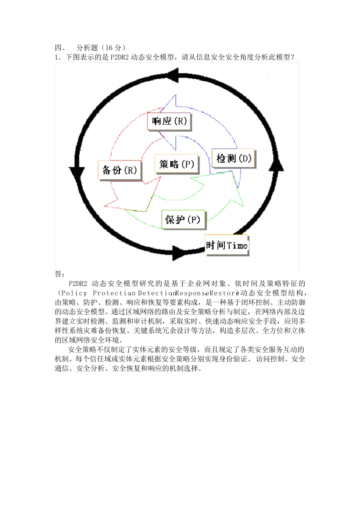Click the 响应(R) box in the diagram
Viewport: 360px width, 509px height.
169,122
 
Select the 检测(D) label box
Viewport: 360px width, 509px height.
233,158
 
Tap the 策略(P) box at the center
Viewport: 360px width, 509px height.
177,164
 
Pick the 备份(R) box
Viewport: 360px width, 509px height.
119,170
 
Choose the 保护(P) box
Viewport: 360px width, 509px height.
183,220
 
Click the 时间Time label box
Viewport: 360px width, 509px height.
227,245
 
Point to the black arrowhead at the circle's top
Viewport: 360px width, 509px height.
173,75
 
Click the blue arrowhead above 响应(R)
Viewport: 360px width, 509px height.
171,103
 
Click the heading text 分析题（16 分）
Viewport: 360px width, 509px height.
101,48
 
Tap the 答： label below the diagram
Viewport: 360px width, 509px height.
60,274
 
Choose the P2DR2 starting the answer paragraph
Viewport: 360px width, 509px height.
78,284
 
